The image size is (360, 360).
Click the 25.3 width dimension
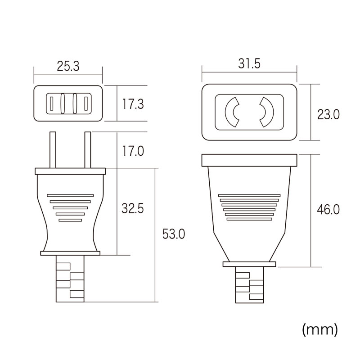coord(68,66)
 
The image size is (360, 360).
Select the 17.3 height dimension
coord(133,104)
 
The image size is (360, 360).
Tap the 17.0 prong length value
coord(133,151)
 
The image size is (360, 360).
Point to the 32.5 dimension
coord(133,208)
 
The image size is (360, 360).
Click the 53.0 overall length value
coord(174,234)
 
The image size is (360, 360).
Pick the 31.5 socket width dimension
coord(249,63)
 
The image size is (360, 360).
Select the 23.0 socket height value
coord(328,115)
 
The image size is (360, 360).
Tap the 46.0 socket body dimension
coord(328,210)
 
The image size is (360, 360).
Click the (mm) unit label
coord(320,330)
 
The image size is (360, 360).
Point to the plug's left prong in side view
coord(53,150)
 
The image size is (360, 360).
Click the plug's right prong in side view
coord(88,150)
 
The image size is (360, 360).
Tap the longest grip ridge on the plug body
coord(70,196)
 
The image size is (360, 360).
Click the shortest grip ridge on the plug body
coord(70,220)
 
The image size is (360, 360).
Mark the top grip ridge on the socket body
coord(249,196)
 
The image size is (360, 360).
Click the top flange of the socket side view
coord(249,160)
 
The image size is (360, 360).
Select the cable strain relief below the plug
coord(70,279)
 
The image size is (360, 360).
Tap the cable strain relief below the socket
coord(250,285)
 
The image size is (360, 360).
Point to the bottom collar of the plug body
coord(70,253)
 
